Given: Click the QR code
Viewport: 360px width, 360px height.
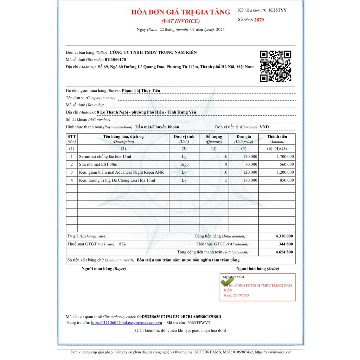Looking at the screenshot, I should [x=276, y=66].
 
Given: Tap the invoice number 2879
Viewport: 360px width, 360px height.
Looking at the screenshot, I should [x=259, y=20].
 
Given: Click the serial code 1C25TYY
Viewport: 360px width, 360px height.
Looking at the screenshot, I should [x=277, y=10].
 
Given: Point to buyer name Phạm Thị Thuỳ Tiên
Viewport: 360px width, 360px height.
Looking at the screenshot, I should [x=141, y=90].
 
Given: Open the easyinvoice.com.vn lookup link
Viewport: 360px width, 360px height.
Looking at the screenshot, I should [x=127, y=322].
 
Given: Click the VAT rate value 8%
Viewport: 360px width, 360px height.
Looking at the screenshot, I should [x=122, y=244].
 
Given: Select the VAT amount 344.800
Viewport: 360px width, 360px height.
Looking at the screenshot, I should [x=286, y=244].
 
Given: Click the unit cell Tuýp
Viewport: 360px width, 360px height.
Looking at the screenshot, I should [x=184, y=164].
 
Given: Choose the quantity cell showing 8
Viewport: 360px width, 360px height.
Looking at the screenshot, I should [x=226, y=164].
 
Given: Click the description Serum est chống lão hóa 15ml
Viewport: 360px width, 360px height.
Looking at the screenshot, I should [x=105, y=156].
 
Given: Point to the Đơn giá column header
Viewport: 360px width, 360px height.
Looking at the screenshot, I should [x=244, y=136].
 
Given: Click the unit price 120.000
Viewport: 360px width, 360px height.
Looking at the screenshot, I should [x=250, y=172].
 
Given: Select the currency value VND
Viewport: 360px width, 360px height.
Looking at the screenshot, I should [x=264, y=127].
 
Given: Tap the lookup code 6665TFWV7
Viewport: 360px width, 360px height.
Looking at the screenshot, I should [x=199, y=322].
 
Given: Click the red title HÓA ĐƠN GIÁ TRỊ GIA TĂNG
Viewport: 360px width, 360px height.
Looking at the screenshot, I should [x=181, y=12].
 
